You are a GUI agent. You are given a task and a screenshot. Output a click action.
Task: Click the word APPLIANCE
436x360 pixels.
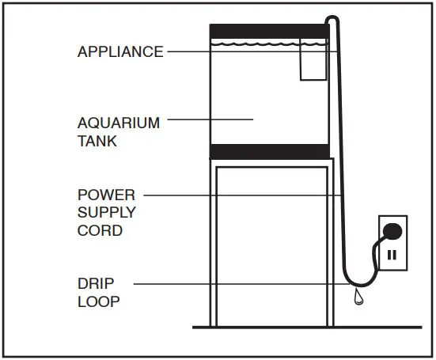120,52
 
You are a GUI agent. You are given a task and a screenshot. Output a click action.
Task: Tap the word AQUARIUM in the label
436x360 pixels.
119,123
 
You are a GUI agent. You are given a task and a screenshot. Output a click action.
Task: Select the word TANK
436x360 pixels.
97,142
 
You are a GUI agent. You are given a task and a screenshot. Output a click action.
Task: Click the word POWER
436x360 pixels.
106,194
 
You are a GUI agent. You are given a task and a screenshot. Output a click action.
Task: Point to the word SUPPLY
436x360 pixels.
106,213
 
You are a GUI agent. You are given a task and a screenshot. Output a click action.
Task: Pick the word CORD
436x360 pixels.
100,231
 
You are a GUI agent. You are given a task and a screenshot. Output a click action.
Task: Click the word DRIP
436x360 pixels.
95,282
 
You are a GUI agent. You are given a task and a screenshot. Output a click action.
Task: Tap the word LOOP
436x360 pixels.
97,301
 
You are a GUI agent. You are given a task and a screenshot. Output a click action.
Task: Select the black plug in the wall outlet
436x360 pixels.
392,232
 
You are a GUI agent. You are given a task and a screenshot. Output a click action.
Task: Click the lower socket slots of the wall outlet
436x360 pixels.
392,256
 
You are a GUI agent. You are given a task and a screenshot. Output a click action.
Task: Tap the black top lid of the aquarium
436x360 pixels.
269,31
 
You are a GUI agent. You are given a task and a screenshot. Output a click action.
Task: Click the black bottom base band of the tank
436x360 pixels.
269,151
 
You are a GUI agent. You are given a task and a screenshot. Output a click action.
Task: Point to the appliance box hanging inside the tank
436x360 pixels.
313,63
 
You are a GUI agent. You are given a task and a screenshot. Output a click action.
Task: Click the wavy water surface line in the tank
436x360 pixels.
253,45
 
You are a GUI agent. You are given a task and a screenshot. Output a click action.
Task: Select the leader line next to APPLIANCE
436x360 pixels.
237,52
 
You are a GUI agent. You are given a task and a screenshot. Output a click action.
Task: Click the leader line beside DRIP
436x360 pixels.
237,282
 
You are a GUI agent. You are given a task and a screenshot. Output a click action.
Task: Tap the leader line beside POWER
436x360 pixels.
237,194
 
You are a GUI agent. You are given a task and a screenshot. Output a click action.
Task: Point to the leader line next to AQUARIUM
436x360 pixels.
210,119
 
